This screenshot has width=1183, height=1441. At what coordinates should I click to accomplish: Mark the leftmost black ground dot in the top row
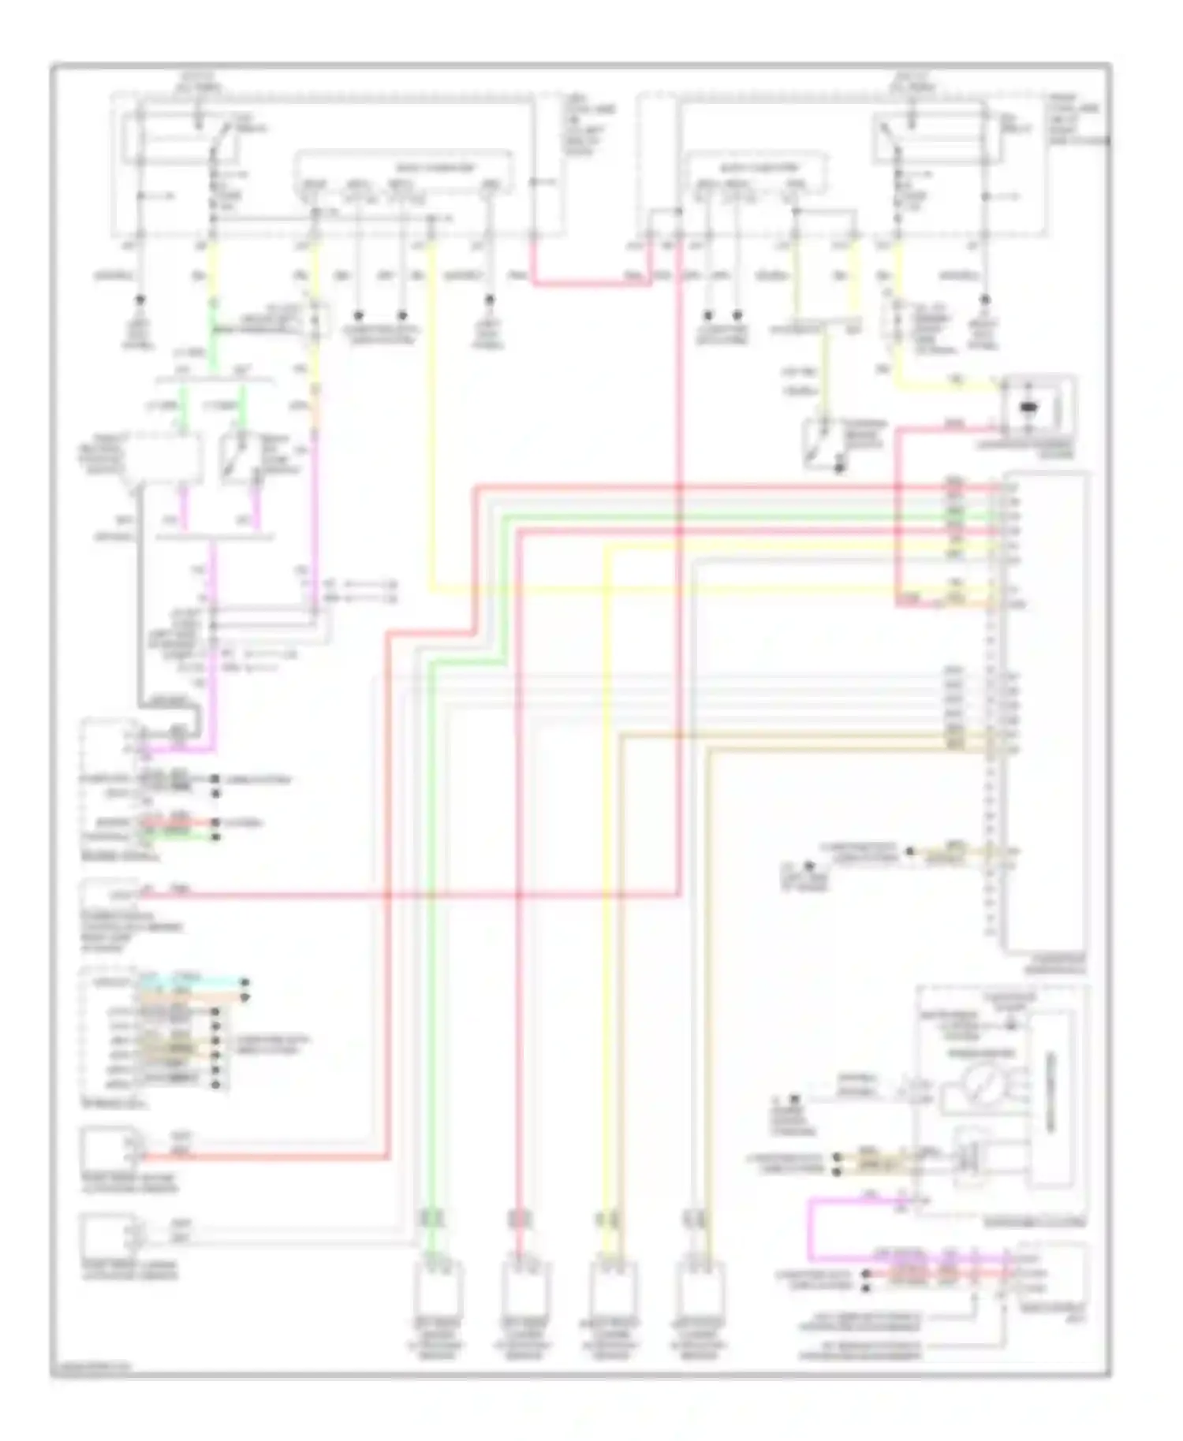tap(140, 300)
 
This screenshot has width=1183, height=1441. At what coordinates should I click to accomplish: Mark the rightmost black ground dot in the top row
tap(984, 300)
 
